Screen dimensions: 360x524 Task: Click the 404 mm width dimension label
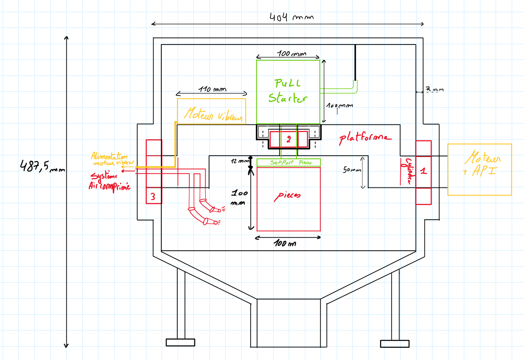click(x=291, y=18)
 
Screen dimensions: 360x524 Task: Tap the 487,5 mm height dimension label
click(x=42, y=166)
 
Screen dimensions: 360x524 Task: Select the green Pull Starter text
click(x=288, y=91)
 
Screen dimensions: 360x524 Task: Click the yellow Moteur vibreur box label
click(x=213, y=114)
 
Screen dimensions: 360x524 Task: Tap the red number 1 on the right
click(x=424, y=171)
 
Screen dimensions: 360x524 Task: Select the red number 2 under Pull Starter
click(x=289, y=139)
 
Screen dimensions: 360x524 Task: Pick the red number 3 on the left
click(x=153, y=197)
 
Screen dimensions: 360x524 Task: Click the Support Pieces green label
click(x=290, y=163)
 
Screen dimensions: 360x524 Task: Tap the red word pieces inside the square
click(x=287, y=196)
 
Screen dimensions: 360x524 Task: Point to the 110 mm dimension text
click(x=212, y=89)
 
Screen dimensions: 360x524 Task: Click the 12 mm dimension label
click(x=240, y=161)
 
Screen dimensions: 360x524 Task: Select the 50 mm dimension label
click(x=352, y=169)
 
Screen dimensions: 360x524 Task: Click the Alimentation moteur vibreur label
click(x=112, y=159)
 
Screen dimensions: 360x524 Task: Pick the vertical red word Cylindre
click(x=408, y=171)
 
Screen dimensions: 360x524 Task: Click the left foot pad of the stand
click(x=180, y=342)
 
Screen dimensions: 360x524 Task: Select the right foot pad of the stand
click(x=395, y=344)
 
